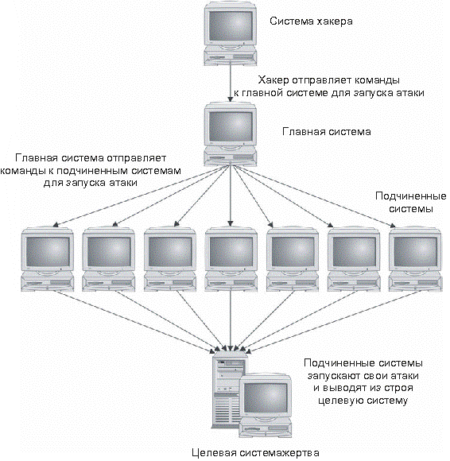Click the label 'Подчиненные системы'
point(409,203)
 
